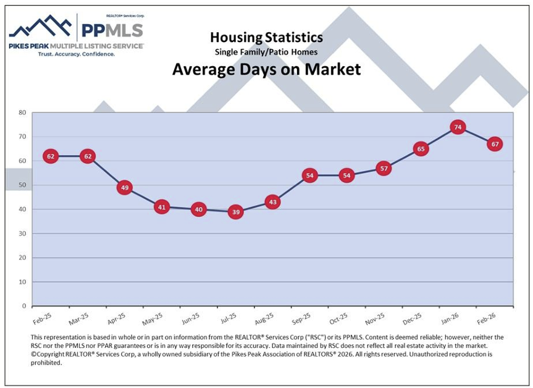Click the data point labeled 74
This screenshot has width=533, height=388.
pos(458,127)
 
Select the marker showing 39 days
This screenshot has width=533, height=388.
pos(235,212)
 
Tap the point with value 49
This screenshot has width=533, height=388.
pos(124,187)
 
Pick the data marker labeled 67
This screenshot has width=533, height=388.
pos(494,144)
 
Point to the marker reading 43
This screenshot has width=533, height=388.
pos(272,202)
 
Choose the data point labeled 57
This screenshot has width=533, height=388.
pos(384,168)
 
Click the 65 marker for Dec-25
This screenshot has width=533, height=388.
pos(421,149)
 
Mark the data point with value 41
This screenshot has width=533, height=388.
pos(161,207)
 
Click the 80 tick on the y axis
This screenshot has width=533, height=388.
pos(22,112)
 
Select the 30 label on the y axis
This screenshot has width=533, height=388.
pos(22,234)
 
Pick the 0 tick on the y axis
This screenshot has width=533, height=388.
pos(24,306)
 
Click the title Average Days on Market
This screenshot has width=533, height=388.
pos(266,69)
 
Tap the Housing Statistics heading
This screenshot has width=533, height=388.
pos(266,37)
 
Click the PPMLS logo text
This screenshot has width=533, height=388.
pos(112,30)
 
